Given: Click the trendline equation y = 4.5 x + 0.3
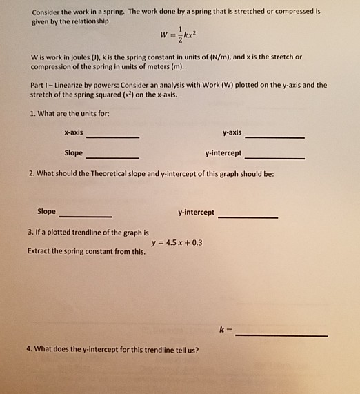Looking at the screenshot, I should pyautogui.click(x=176, y=242).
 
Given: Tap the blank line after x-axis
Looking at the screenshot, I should pyautogui.click(x=112, y=137).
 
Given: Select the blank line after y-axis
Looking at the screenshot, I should pyautogui.click(x=274, y=137).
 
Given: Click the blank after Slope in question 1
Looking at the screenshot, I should pyautogui.click(x=112, y=157).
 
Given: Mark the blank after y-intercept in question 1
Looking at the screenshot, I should pyautogui.click(x=274, y=158).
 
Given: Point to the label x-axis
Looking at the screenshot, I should pyautogui.click(x=74, y=132).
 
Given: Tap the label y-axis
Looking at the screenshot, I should pyautogui.click(x=232, y=132).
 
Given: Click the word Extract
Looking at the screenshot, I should pyautogui.click(x=39, y=252).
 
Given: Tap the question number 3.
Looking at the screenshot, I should pyautogui.click(x=29, y=233).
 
